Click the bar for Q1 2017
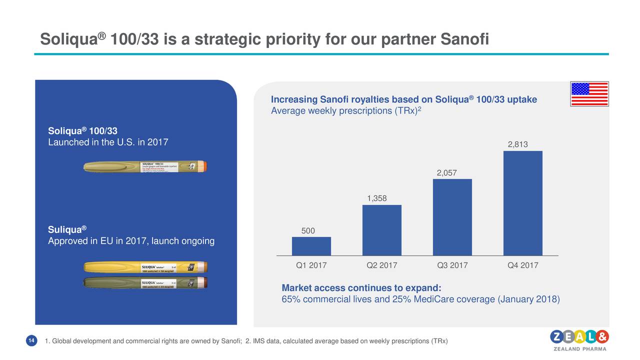coord(311,246)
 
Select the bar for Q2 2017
coord(381,230)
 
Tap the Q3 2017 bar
coord(452,217)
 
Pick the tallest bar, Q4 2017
coord(522,203)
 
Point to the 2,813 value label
coord(517,144)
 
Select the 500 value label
coord(308,230)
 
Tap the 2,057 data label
coord(447,173)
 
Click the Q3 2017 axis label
coord(452,265)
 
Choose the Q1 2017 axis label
coord(311,265)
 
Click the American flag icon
coord(589,94)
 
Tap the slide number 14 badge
coord(31,341)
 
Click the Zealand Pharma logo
coord(579,340)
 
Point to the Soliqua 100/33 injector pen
coord(144,167)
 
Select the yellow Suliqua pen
coord(145,267)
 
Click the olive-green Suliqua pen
coord(145,283)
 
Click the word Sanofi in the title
coord(465,39)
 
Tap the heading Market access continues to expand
coord(361,288)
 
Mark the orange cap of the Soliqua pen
coord(202,166)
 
